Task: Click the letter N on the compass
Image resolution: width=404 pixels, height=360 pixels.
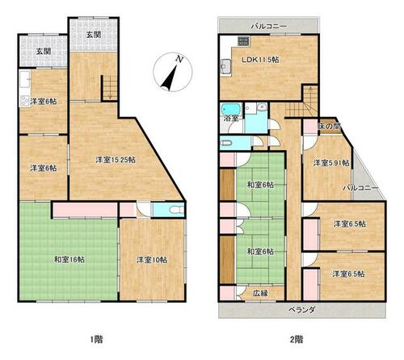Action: (178, 59)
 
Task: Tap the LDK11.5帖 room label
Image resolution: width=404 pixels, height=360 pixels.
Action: (260, 60)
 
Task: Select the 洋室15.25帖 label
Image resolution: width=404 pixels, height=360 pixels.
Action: (116, 160)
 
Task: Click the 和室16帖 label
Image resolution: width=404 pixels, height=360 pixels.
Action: (69, 260)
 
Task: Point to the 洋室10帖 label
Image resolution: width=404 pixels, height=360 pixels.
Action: (152, 260)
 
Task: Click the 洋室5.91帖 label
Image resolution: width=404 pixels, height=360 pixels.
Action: (331, 163)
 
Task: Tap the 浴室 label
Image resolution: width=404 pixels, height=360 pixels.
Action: (232, 118)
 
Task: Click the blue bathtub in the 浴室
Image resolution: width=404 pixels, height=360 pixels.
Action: (230, 109)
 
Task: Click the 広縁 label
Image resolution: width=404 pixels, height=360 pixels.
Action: (260, 293)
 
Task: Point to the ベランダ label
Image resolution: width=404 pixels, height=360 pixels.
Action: (301, 310)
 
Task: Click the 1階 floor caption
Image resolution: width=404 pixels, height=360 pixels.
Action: (96, 339)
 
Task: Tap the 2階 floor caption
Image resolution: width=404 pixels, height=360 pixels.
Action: (297, 339)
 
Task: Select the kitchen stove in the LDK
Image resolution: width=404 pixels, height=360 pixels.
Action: (243, 41)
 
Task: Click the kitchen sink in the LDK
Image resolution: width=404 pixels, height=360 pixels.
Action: (224, 66)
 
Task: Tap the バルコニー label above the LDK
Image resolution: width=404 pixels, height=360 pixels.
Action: (265, 27)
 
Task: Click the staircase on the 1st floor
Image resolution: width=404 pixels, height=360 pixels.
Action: (110, 87)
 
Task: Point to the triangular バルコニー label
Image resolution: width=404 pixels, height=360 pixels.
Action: (360, 188)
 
